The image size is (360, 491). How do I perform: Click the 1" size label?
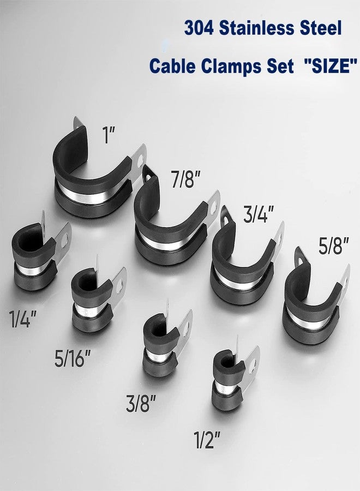click(109, 135)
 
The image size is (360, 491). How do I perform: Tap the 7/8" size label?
click(185, 179)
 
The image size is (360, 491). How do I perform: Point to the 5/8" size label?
click(334, 246)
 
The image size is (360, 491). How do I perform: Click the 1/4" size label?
click(23, 319)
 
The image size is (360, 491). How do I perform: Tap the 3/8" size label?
click(141, 403)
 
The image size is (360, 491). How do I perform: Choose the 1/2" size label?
click(207, 440)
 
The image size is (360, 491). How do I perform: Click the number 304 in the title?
click(199, 28)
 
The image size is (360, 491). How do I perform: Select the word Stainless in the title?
click(257, 28)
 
